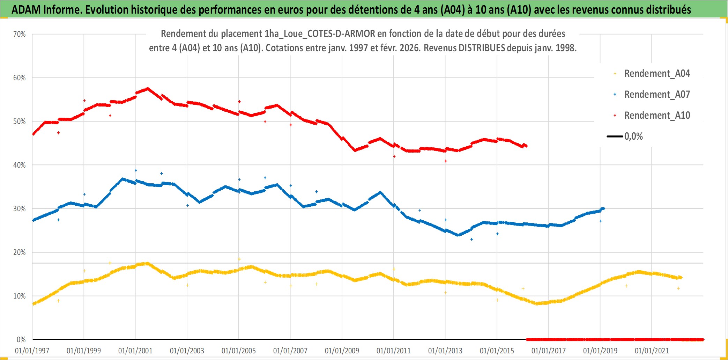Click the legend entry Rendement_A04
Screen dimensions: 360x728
pyautogui.click(x=656, y=74)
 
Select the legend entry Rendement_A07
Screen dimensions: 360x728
pyautogui.click(x=656, y=95)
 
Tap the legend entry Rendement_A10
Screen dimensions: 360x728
pyautogui.click(x=656, y=116)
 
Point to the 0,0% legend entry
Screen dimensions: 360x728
pyautogui.click(x=633, y=137)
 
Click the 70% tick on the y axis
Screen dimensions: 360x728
pyautogui.click(x=20, y=34)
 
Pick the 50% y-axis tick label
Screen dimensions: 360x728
pyautogui.click(x=20, y=122)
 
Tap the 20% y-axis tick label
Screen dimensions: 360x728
pyautogui.click(x=20, y=252)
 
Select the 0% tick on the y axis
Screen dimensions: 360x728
pyautogui.click(x=21, y=340)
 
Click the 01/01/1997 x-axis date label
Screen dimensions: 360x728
pyautogui.click(x=32, y=351)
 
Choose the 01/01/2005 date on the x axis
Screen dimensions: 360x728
pyautogui.click(x=239, y=351)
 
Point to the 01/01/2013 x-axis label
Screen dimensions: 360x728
pyautogui.click(x=445, y=351)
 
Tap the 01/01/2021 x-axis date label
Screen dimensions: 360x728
pyautogui.click(x=652, y=351)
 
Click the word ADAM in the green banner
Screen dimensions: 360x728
pyautogui.click(x=26, y=9)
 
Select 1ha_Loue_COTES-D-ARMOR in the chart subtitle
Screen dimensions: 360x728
pyautogui.click(x=320, y=34)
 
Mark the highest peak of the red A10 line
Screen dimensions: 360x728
pyautogui.click(x=148, y=88)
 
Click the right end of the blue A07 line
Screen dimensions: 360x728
pyautogui.click(x=603, y=208)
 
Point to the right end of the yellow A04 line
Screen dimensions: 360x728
pyautogui.click(x=681, y=278)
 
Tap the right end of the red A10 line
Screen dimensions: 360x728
pyautogui.click(x=526, y=146)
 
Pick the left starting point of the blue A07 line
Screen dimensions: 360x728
pyautogui.click(x=33, y=220)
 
